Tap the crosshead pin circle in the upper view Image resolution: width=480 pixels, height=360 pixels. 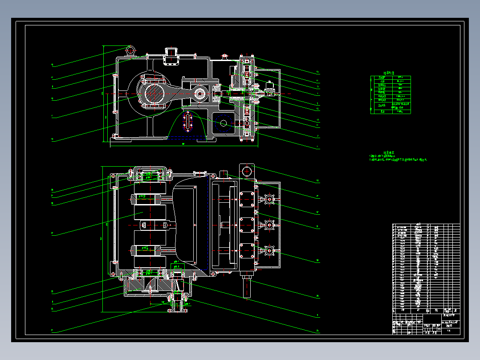click(x=199, y=94)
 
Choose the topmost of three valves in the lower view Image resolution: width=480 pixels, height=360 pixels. click(x=269, y=200)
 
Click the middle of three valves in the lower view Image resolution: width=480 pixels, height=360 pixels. click(x=269, y=225)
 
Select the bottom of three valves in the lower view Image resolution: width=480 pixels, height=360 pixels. click(x=269, y=252)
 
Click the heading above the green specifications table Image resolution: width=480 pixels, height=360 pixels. click(x=390, y=73)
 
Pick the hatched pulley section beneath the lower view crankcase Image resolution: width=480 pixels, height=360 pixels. click(x=147, y=283)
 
